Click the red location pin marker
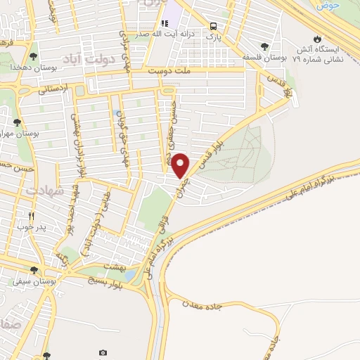coord(181,165)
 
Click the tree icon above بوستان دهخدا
coord(33,56)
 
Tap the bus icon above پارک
coord(212,27)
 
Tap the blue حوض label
coord(328,5)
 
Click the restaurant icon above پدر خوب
coord(31,216)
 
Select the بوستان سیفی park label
coord(32,281)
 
